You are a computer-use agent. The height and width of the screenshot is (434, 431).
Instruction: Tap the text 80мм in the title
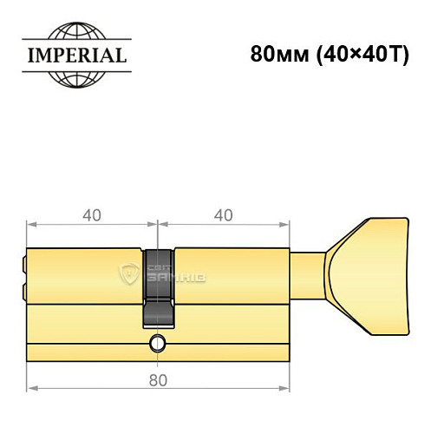click(274, 54)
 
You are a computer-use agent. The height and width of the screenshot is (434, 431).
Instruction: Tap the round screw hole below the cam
click(157, 342)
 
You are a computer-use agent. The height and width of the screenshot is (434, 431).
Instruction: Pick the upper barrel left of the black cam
click(87, 274)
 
